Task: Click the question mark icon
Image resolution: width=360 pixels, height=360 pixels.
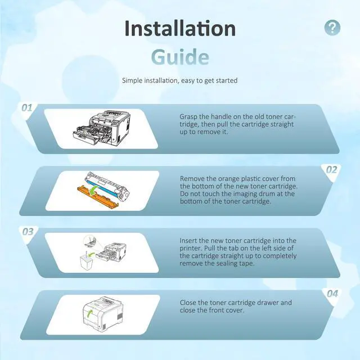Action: tap(332, 28)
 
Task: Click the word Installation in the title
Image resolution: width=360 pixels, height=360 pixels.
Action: tap(180, 29)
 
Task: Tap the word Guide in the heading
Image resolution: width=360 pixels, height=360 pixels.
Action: tap(180, 57)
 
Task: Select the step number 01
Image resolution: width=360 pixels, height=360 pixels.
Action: tap(26, 107)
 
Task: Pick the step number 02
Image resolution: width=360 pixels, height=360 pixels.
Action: tap(332, 170)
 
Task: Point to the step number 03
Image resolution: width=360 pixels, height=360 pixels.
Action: tap(28, 232)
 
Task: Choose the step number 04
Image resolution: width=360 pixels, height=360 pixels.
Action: tap(332, 294)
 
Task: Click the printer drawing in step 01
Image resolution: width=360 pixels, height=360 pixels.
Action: tap(101, 128)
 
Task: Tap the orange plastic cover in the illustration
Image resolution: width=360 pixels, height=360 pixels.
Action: tap(98, 196)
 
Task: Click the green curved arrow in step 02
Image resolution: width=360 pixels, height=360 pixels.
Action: tap(94, 191)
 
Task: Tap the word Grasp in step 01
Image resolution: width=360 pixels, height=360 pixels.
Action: tap(188, 117)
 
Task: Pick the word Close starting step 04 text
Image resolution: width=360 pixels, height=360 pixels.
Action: tap(188, 303)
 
